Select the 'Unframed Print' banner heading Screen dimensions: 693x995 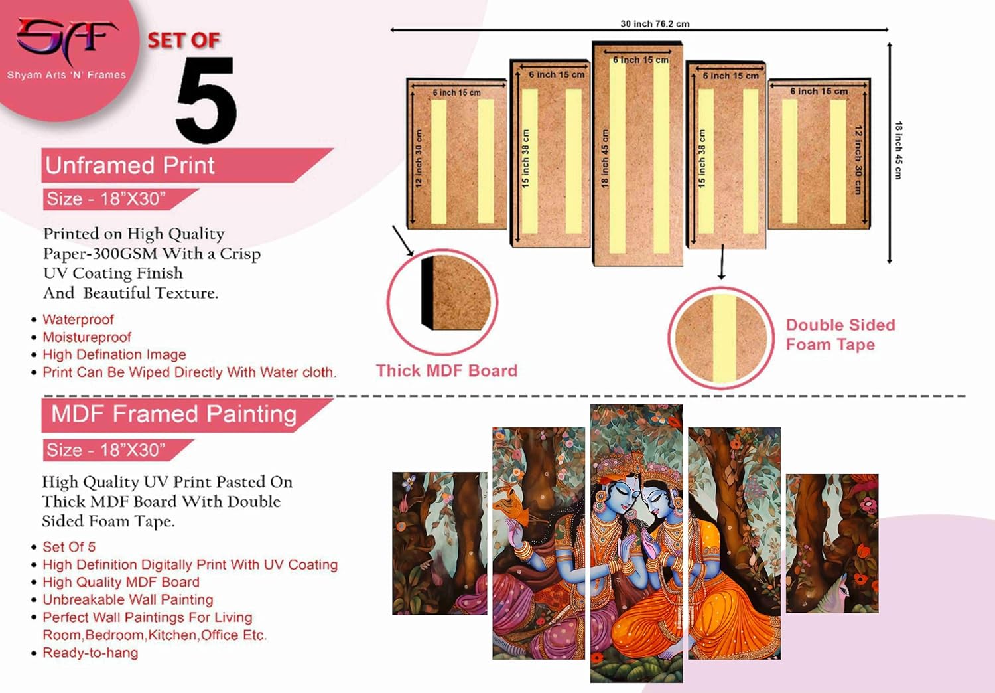click(130, 165)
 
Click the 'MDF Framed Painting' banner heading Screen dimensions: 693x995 click(174, 414)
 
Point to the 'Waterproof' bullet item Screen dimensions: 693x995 click(78, 320)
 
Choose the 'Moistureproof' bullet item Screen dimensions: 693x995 click(87, 337)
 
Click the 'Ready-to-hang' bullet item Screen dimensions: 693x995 click(90, 653)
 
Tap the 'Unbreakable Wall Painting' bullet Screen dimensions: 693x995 click(128, 600)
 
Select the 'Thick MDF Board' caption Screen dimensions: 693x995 click(446, 371)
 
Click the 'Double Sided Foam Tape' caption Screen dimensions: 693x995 click(840, 335)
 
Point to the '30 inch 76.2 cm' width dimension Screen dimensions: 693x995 click(655, 24)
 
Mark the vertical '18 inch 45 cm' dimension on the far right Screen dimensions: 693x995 click(898, 150)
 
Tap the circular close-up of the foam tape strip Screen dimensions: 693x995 click(721, 337)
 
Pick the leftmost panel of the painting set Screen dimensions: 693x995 click(439, 543)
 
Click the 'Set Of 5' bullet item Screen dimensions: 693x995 click(69, 547)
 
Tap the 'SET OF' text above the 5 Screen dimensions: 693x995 click(184, 40)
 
